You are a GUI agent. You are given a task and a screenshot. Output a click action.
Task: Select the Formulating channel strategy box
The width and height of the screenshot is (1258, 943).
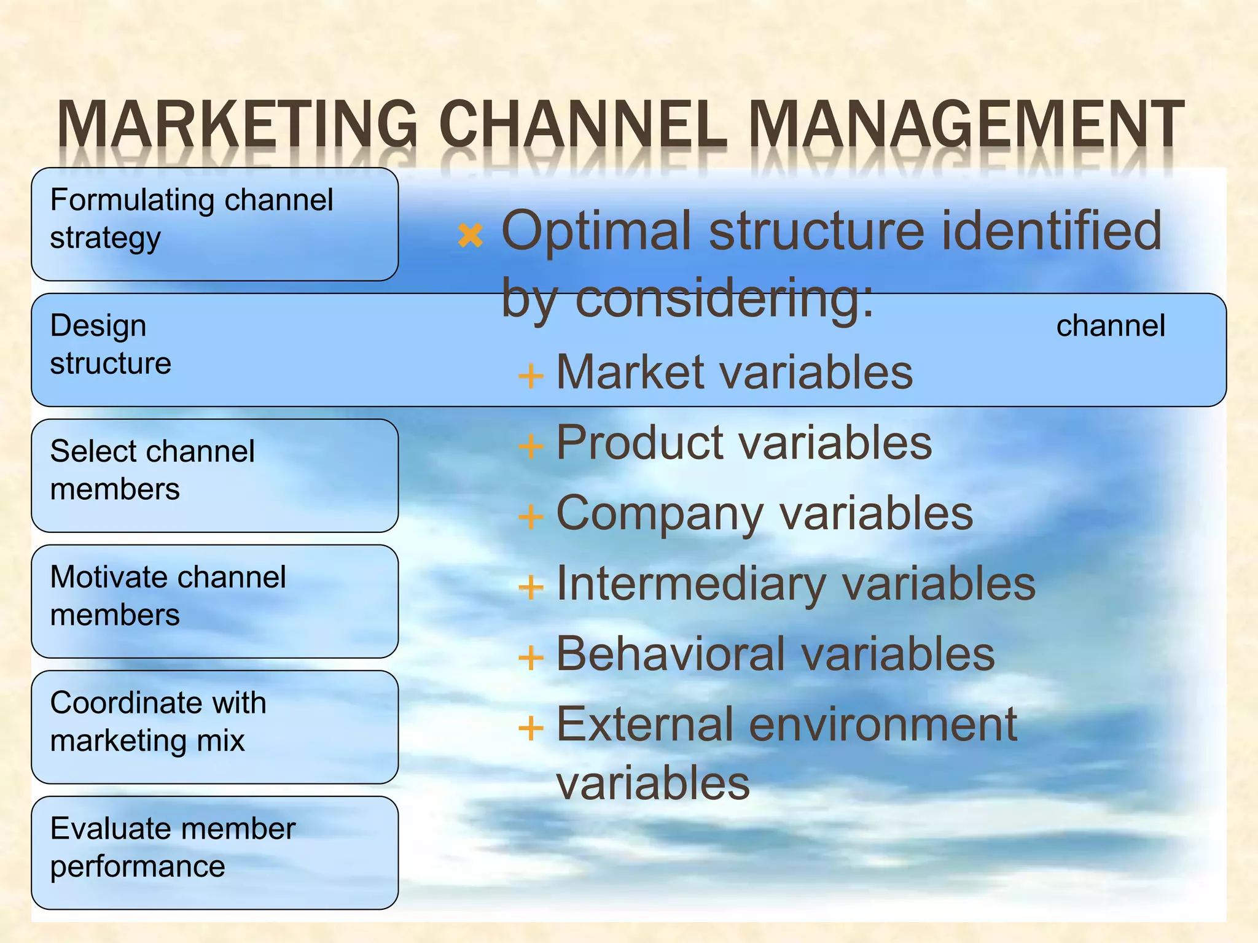tap(214, 224)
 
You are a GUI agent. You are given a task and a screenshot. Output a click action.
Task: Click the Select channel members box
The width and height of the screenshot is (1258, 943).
tap(214, 475)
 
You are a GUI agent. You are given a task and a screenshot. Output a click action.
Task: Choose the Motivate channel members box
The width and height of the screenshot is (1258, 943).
tap(214, 601)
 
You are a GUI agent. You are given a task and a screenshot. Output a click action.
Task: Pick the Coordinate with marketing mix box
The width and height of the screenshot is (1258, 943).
tap(214, 727)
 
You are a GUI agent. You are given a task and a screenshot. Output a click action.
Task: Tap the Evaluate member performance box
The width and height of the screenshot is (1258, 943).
tap(214, 853)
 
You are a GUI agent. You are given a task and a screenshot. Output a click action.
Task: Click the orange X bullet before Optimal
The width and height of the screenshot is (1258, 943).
tap(471, 235)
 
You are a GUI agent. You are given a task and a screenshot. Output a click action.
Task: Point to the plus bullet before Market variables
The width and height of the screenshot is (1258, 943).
tap(531, 375)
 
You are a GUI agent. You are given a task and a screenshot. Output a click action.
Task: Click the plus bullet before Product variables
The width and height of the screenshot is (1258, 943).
tap(531, 446)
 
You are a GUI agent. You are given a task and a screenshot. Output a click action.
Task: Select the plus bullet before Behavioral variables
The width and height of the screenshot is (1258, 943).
tap(531, 658)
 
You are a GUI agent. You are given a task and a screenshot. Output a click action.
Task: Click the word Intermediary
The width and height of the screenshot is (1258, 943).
tap(690, 584)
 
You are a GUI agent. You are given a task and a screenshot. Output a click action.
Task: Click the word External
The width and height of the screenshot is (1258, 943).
tap(644, 724)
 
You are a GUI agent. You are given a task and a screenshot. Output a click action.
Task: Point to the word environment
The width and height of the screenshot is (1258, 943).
tap(883, 724)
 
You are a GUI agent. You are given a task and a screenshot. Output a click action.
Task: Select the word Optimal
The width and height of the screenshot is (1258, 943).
tap(596, 231)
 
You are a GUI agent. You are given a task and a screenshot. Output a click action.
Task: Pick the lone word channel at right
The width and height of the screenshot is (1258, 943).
tap(1110, 325)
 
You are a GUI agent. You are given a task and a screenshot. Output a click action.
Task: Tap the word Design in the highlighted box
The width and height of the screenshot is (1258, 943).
tap(98, 325)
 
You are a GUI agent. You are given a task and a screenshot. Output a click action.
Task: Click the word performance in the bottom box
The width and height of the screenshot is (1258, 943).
tap(138, 867)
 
